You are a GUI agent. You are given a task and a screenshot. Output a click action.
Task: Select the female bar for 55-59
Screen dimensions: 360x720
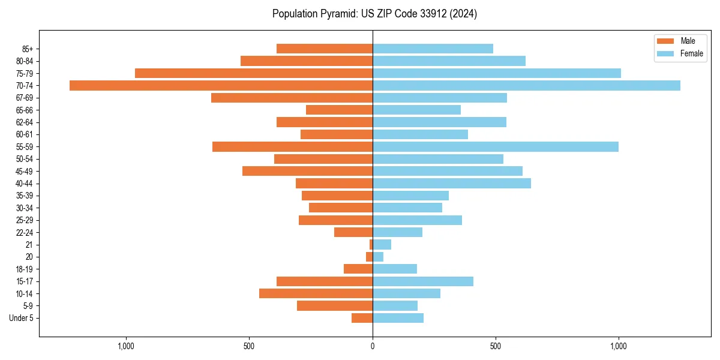tap(495, 146)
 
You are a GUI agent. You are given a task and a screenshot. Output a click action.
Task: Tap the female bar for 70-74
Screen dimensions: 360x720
tap(526, 85)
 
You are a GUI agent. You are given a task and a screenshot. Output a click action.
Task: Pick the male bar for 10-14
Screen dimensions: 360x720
tap(316, 293)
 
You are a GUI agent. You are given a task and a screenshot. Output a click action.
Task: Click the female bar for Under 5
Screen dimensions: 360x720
tap(398, 318)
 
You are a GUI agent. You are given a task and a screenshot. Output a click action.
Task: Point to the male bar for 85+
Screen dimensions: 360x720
tap(325, 49)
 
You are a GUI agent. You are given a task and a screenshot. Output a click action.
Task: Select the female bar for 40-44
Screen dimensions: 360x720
tap(451, 184)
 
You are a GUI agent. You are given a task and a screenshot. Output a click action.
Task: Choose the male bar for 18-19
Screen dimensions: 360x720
tap(358, 269)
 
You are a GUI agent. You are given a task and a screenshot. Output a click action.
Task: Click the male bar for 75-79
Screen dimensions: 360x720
tap(254, 73)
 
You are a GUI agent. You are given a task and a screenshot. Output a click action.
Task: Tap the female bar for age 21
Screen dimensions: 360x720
tap(382, 244)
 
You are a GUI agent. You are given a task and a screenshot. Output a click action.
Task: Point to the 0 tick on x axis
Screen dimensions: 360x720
tap(373, 346)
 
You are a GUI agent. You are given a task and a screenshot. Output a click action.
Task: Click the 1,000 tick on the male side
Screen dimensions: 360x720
tap(126, 346)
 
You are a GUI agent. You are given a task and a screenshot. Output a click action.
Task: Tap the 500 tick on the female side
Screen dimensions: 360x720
tap(496, 346)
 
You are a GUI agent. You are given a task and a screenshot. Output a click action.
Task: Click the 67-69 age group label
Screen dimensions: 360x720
tap(24, 98)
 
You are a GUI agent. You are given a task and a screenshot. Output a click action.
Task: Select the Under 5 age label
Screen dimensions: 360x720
tap(21, 318)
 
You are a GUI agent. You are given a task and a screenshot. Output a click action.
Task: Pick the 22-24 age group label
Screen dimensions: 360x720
tap(24, 232)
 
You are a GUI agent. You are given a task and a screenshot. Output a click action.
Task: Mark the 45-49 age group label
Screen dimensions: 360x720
tap(24, 171)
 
